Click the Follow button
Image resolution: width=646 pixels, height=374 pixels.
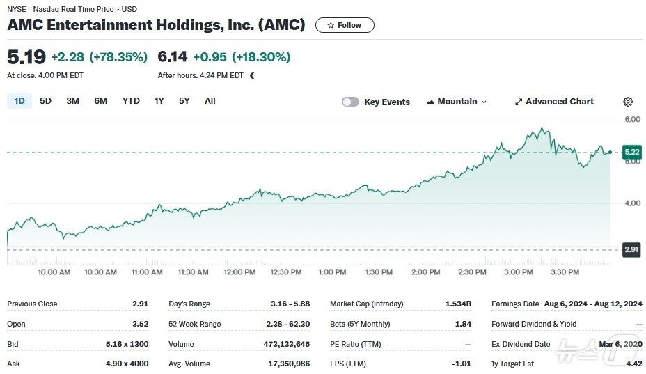click(x=344, y=25)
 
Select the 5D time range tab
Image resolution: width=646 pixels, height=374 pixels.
click(x=45, y=101)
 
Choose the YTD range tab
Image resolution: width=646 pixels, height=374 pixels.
click(x=131, y=101)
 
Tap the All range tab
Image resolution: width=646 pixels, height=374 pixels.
click(x=210, y=101)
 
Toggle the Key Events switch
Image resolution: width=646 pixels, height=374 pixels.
click(x=351, y=102)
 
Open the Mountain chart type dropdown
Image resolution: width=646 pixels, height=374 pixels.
click(x=456, y=102)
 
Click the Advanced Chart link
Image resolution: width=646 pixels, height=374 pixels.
click(x=553, y=102)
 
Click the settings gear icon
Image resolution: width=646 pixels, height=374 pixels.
click(x=628, y=102)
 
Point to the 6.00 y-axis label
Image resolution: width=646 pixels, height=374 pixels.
click(x=632, y=120)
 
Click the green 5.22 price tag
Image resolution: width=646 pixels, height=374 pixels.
click(x=631, y=152)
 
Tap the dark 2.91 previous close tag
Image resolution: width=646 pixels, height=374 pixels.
click(x=631, y=249)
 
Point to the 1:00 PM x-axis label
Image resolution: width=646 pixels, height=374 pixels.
click(x=332, y=272)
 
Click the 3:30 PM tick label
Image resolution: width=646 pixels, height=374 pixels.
click(x=565, y=272)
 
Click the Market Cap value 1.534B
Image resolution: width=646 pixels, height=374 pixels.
click(x=458, y=304)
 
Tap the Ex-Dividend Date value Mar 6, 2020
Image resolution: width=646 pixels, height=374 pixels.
click(x=620, y=344)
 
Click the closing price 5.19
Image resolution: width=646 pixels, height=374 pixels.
click(x=26, y=56)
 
